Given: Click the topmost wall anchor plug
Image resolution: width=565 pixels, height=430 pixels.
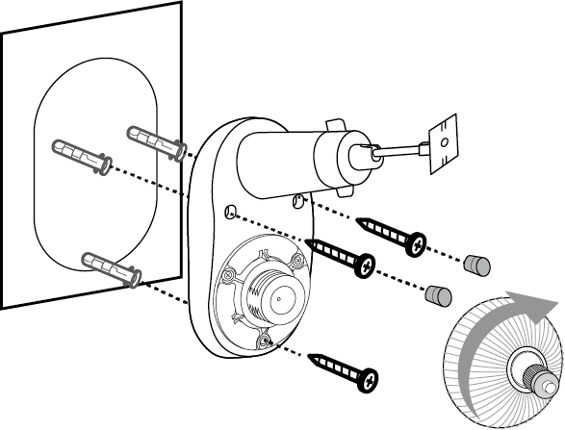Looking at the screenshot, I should coord(154,140).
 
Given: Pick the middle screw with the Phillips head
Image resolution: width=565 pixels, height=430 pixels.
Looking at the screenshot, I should coord(341,257).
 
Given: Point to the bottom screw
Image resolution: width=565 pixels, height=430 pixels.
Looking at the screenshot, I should coord(343,370).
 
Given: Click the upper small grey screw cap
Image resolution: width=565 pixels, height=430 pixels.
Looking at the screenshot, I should coord(476,264).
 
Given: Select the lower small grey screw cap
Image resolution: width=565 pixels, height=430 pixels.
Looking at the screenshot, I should coord(438,292).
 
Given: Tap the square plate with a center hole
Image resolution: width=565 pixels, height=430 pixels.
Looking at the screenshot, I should coord(442,143).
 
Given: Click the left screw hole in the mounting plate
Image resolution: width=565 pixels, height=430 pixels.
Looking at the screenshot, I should coord(230,212).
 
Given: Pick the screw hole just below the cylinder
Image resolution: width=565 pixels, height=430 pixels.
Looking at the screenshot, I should coord(298,201).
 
